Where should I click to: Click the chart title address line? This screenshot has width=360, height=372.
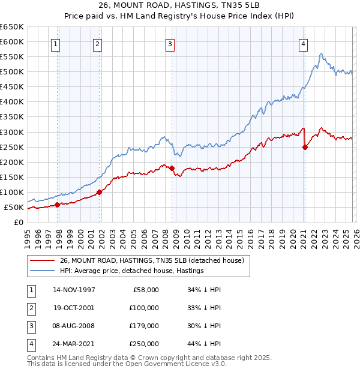click(179, 7)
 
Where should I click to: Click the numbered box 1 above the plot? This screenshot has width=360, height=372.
click(55, 43)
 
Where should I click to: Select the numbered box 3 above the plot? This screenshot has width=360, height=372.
click(170, 43)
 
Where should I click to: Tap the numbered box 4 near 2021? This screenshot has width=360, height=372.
click(304, 43)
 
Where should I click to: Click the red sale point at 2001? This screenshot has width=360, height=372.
click(99, 192)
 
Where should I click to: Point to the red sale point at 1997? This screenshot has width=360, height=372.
click(58, 205)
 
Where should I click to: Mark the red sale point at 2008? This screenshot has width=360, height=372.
click(172, 168)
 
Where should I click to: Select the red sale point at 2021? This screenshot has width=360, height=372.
click(305, 147)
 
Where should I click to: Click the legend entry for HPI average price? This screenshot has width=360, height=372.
click(131, 271)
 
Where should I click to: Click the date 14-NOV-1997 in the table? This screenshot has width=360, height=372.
click(74, 290)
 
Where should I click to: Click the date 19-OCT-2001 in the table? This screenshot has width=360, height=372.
click(74, 308)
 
